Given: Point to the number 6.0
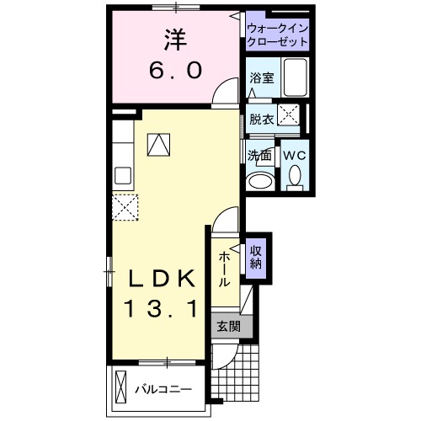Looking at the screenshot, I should click(x=175, y=72).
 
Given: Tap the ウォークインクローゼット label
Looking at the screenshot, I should click(x=277, y=35).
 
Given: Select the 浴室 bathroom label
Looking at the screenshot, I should click(x=261, y=78).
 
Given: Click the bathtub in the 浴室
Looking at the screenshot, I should click(x=296, y=79).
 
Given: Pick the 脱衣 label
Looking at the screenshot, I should click(x=261, y=118).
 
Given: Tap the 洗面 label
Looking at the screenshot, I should click(x=260, y=156).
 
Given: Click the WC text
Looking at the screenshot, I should click(x=295, y=156).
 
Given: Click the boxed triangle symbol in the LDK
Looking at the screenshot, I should click(x=158, y=145).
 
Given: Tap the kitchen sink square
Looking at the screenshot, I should click(x=121, y=176).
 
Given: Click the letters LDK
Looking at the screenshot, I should click(x=163, y=279).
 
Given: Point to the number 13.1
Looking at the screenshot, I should click(x=163, y=310).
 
